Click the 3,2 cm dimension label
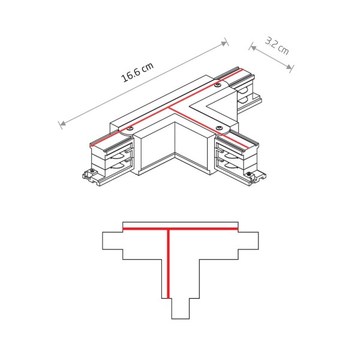pos(277,46)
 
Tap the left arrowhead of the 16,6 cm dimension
pos(61,124)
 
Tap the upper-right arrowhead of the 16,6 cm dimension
pos(226,43)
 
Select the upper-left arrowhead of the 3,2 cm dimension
pos(251,44)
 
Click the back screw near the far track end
pos(218,86)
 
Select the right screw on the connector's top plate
pos(220,127)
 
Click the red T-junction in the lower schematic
pos(169,229)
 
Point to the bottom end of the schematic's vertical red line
pos(169,297)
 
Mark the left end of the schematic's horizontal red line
pos(123,229)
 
